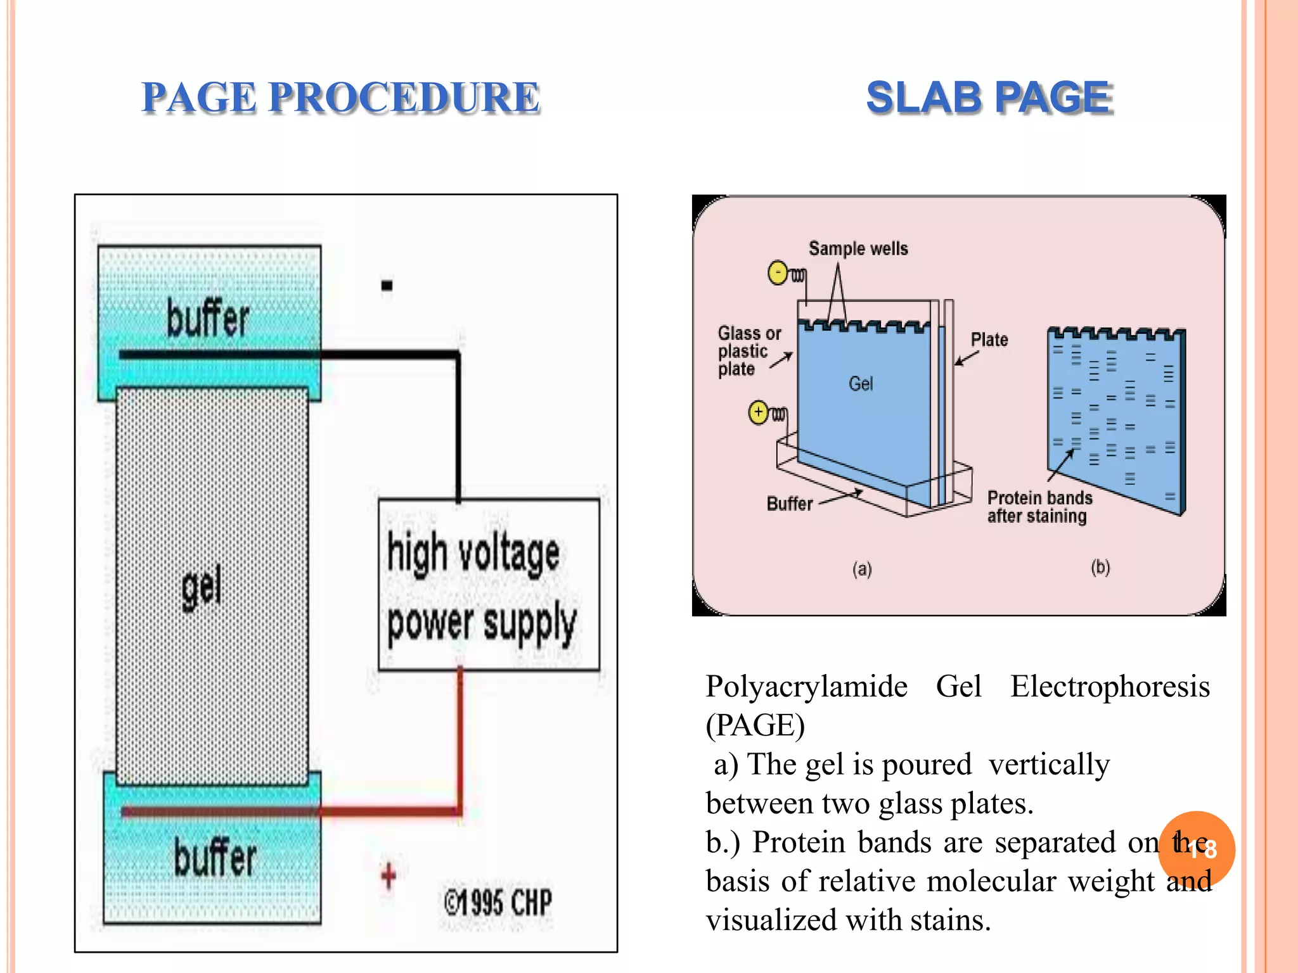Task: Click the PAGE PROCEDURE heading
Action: [x=340, y=98]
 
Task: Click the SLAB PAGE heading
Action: [x=989, y=98]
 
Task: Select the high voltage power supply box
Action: [x=488, y=585]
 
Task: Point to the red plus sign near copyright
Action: [x=389, y=876]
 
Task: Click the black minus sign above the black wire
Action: [x=387, y=286]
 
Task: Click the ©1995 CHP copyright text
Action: [x=498, y=902]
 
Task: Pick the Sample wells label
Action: [x=858, y=248]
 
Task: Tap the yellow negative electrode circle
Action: [x=778, y=273]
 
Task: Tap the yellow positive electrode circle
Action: [x=759, y=412]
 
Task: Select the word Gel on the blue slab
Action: [x=861, y=383]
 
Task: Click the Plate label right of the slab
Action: [x=989, y=340]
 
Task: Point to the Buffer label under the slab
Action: [x=789, y=504]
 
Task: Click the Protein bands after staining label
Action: [x=1039, y=507]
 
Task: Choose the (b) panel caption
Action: [x=1100, y=567]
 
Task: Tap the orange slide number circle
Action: [x=1197, y=849]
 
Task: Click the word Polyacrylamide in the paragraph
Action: [x=806, y=687]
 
